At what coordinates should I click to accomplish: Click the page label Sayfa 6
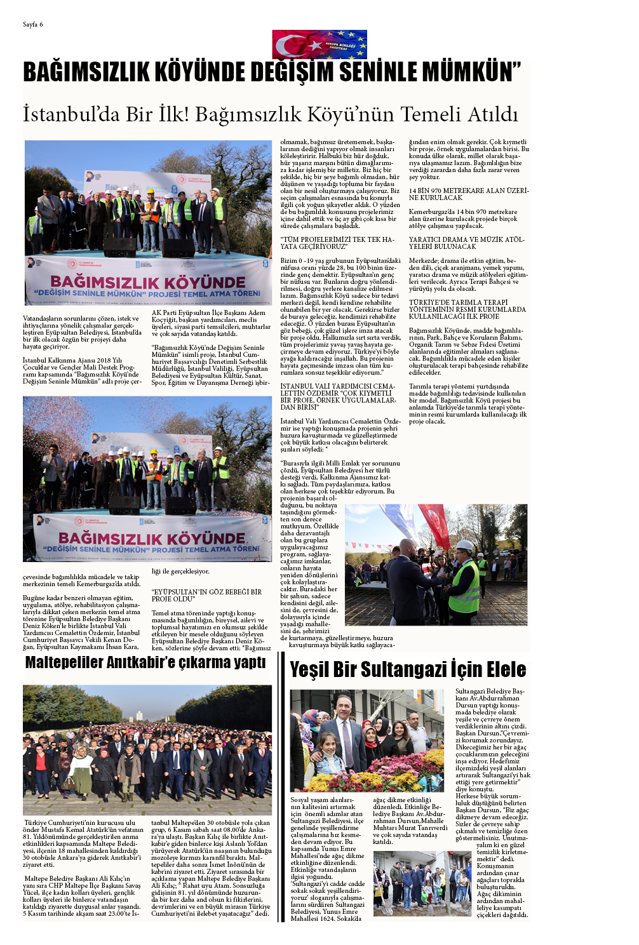click(x=33, y=25)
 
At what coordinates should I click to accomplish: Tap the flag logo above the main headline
click(x=319, y=44)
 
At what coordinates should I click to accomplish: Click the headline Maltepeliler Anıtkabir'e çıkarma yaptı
click(x=145, y=662)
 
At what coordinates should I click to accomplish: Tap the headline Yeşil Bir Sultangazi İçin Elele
click(x=408, y=669)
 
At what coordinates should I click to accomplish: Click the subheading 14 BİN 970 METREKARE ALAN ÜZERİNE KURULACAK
click(x=468, y=194)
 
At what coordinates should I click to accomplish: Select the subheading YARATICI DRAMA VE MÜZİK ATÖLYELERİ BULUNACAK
click(x=466, y=243)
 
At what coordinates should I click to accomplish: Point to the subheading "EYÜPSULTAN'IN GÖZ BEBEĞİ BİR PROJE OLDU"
click(x=206, y=595)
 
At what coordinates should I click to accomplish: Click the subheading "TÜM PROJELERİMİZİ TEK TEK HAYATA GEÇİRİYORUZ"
click(x=337, y=243)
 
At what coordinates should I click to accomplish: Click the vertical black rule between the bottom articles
click(x=281, y=788)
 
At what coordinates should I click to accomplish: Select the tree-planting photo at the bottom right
click(x=422, y=883)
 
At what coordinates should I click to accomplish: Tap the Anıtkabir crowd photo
click(x=147, y=749)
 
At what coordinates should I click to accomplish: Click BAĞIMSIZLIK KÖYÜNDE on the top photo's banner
click(x=147, y=282)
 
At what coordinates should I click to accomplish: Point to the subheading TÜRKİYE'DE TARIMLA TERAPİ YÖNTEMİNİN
click(x=467, y=309)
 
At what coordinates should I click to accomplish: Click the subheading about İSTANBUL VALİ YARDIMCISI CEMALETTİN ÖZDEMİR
click(x=338, y=396)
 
